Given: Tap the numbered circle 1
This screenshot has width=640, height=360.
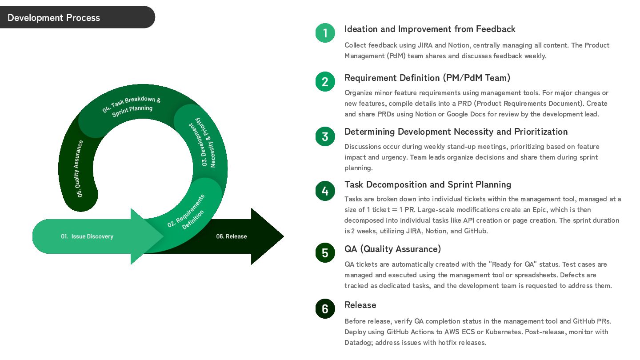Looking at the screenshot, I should point(325,33).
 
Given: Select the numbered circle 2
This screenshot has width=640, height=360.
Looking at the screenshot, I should point(325,82).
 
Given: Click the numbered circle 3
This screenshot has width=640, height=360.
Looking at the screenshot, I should point(325,136).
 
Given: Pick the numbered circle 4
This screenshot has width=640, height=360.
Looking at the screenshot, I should point(325,191).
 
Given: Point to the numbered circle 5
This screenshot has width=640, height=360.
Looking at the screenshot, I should point(325,252).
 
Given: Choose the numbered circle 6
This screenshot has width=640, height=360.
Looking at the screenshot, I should point(325,308).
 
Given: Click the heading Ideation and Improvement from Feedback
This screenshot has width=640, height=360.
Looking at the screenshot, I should point(430,29).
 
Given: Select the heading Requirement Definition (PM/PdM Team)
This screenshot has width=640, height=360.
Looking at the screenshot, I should point(427,78).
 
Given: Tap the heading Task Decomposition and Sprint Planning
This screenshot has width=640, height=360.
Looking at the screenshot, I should point(428,184).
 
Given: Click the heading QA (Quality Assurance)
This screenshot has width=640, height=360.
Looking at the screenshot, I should point(392,249).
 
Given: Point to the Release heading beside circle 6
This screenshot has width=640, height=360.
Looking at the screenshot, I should point(360,305).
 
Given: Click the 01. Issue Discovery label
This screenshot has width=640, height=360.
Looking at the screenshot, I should point(87,236).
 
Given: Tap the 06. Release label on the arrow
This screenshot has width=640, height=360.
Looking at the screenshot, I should point(231,236).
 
